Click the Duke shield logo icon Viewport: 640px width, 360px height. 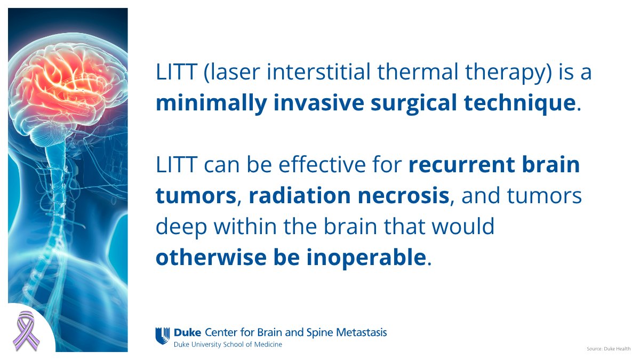pos(163,335)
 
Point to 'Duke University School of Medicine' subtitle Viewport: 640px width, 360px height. pos(228,345)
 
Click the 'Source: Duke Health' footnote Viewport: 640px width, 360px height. pos(608,348)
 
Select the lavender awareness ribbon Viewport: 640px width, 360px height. pos(25,330)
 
